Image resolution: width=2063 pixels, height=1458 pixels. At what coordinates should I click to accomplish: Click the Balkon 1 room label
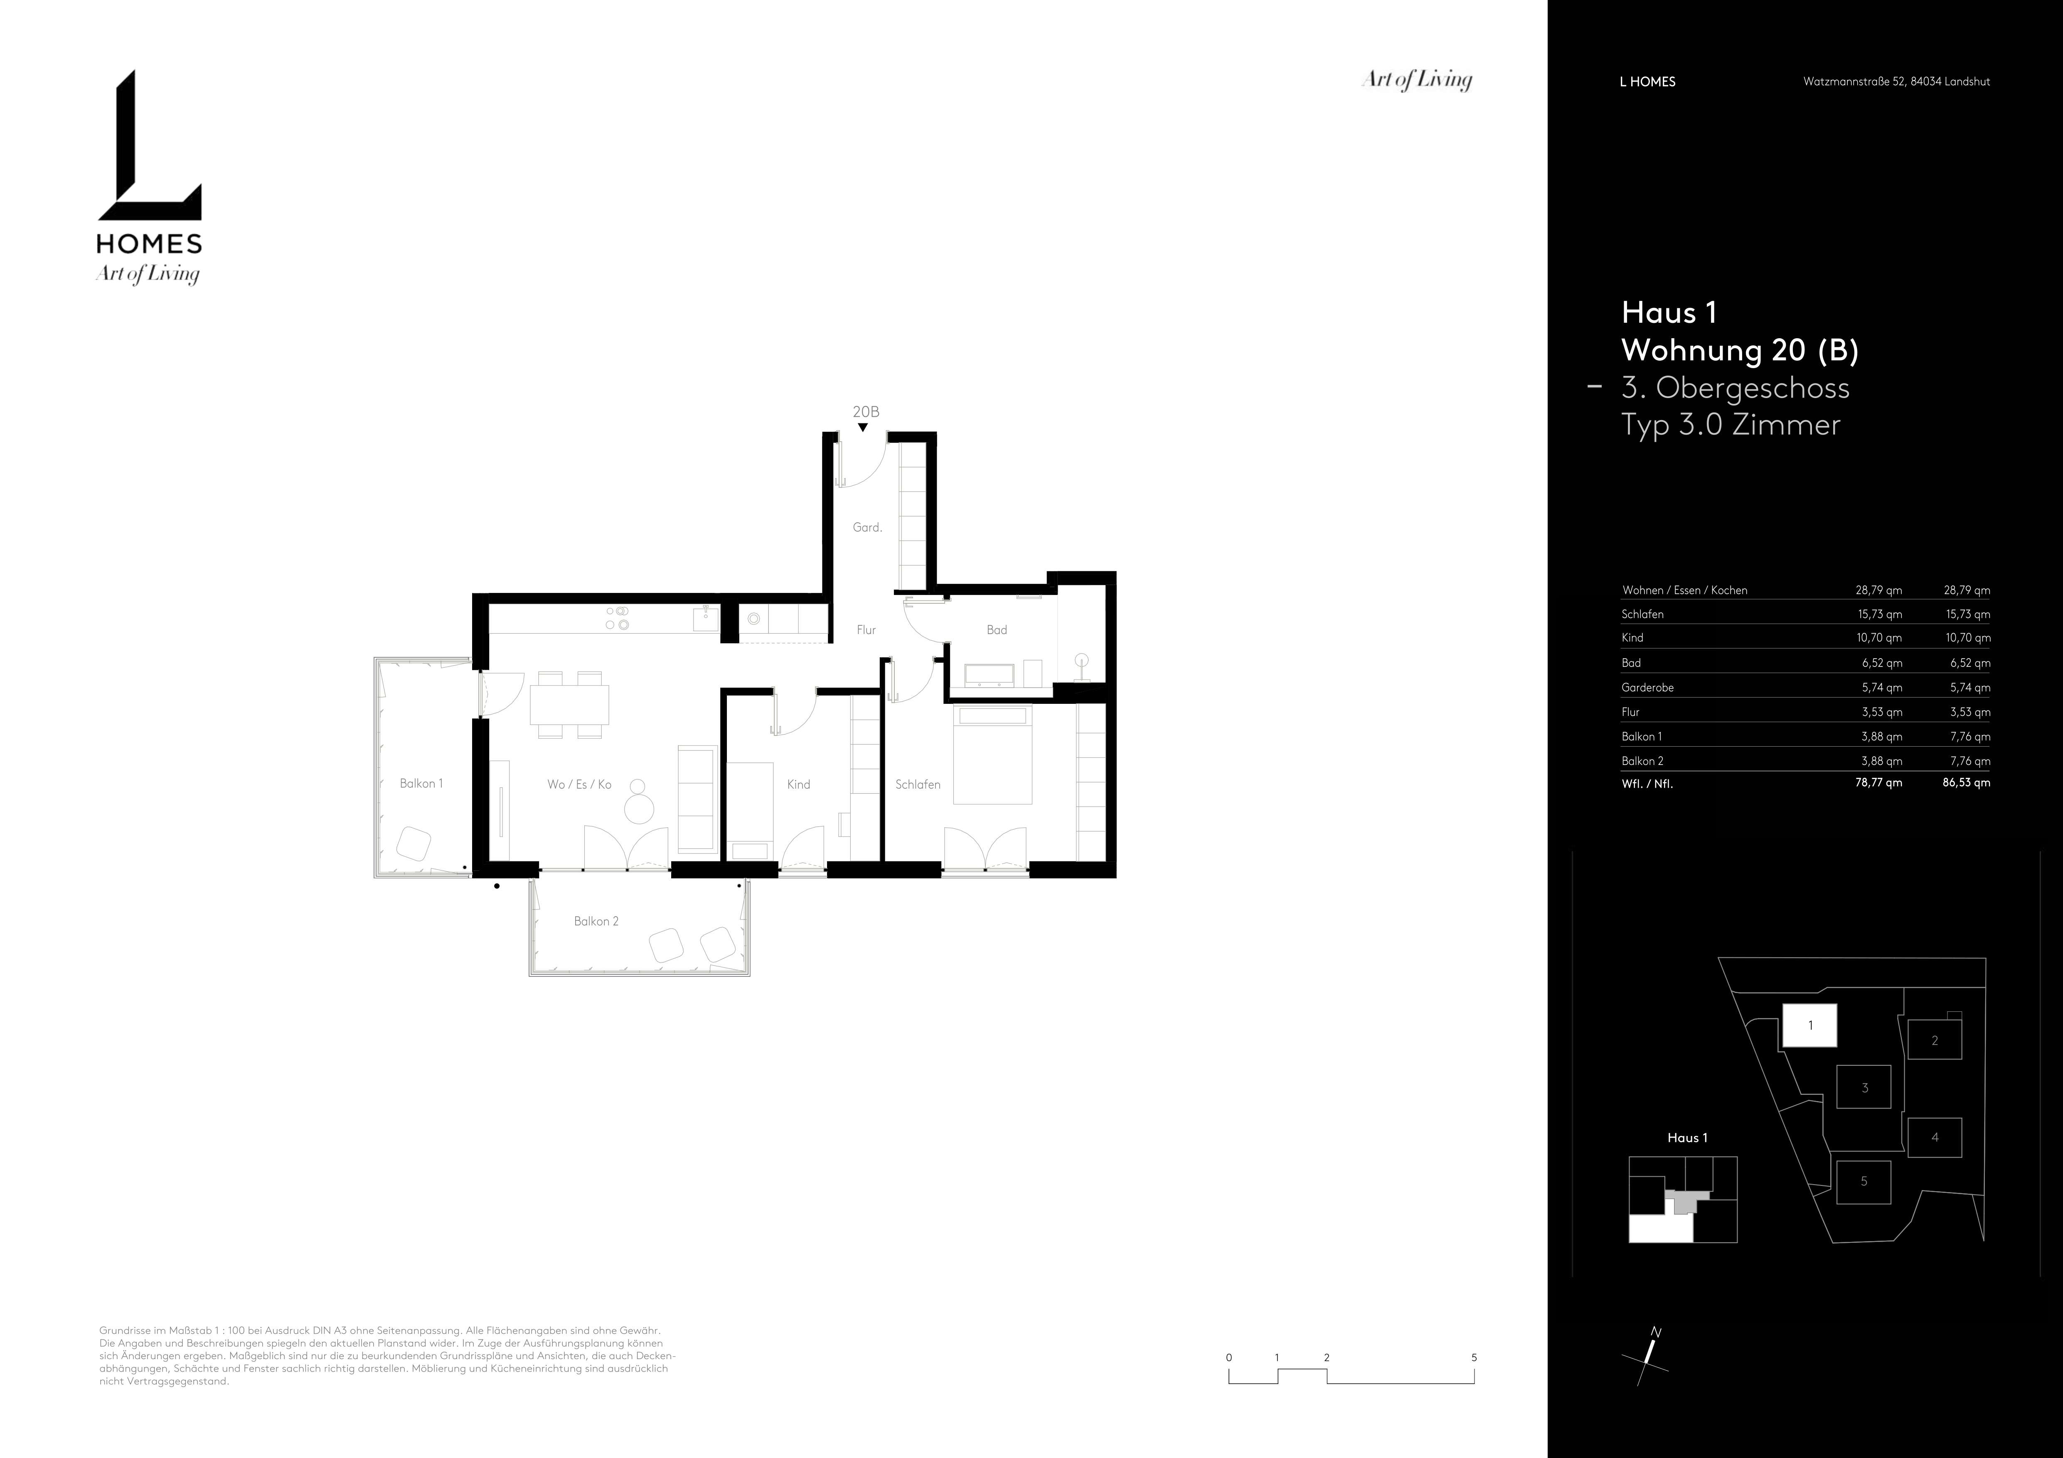click(x=421, y=783)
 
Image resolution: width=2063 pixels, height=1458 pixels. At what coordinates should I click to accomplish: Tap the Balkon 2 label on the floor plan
click(x=597, y=921)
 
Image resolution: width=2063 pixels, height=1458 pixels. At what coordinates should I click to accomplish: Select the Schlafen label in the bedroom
click(x=917, y=784)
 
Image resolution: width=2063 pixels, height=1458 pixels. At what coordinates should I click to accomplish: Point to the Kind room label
click(x=799, y=784)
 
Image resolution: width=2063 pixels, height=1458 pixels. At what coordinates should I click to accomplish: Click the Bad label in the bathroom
click(x=997, y=630)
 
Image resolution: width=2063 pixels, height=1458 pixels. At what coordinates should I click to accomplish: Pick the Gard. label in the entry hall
click(x=867, y=527)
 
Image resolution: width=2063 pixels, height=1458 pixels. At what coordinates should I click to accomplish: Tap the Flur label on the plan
click(x=866, y=630)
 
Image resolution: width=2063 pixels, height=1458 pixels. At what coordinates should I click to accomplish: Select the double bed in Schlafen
click(x=993, y=755)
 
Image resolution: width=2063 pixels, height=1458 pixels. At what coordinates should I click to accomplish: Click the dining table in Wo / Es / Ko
click(x=569, y=704)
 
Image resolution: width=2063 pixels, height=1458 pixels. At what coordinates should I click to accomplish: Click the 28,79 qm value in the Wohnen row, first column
click(x=1879, y=590)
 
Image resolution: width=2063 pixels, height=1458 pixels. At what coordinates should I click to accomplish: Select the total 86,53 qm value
click(x=1966, y=782)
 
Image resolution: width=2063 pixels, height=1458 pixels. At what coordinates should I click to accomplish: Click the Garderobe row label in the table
click(x=1648, y=687)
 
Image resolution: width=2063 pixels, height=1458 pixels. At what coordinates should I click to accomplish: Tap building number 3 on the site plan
click(x=1864, y=1088)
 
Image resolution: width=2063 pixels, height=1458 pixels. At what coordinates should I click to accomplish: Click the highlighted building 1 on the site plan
click(x=1809, y=1025)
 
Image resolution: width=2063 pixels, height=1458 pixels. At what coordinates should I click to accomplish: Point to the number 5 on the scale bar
click(x=1474, y=1357)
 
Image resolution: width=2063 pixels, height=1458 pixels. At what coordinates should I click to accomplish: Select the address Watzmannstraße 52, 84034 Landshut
click(x=1896, y=81)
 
